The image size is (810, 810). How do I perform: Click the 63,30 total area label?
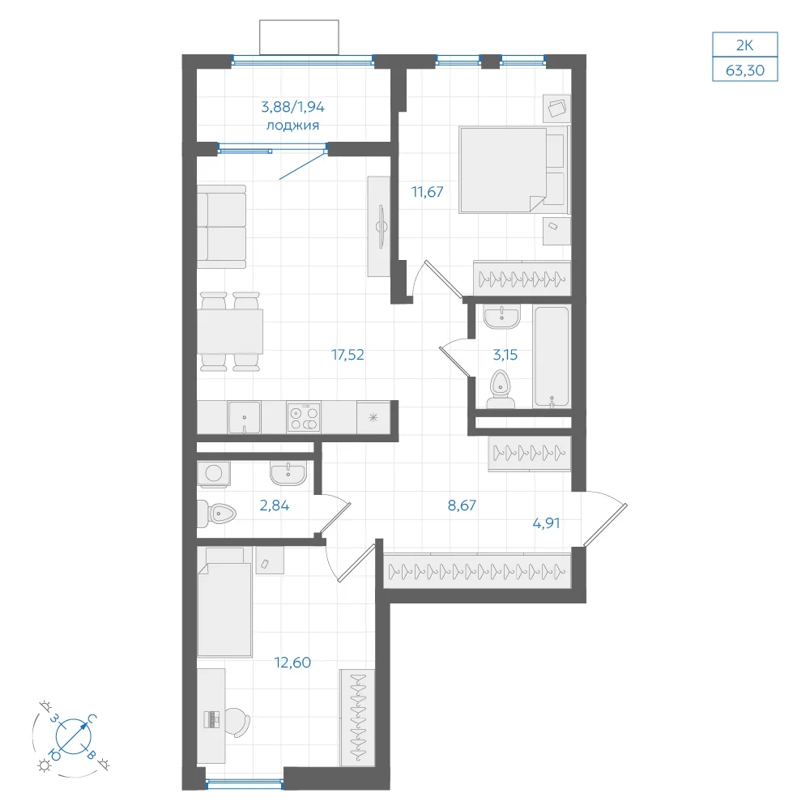pos(744,70)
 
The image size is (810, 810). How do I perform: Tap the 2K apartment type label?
pos(744,45)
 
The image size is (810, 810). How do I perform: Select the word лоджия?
pos(292,126)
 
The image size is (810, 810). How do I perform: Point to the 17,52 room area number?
pos(347,355)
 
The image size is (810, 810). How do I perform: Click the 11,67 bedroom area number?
pos(427,192)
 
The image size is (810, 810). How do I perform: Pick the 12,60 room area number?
pos(292,663)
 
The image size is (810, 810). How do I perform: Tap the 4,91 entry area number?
pos(546,523)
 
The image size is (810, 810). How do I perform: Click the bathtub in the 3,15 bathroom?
pos(552,356)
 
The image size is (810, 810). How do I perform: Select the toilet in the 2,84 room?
pos(216,514)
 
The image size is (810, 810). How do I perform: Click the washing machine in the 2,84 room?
pos(213,473)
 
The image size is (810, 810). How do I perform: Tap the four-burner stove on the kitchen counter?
pos(304,417)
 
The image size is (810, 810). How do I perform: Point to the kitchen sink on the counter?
pos(245,417)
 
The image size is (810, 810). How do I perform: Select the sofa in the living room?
pos(222,227)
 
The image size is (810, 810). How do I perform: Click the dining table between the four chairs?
pos(230,331)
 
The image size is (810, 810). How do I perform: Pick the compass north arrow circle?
pos(74,735)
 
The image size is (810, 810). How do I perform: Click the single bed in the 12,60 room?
pos(224,603)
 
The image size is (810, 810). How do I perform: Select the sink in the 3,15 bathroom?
pos(501,317)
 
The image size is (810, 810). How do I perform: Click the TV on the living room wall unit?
pos(382,227)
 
